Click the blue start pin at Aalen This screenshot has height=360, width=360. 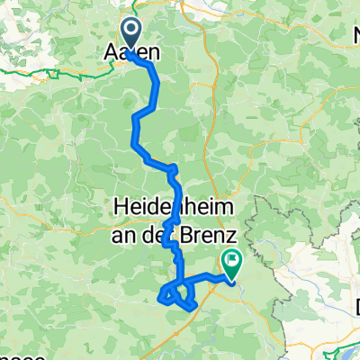click(130, 35)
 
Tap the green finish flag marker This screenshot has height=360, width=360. click(232, 263)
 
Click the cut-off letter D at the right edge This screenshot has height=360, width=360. click(356, 307)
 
